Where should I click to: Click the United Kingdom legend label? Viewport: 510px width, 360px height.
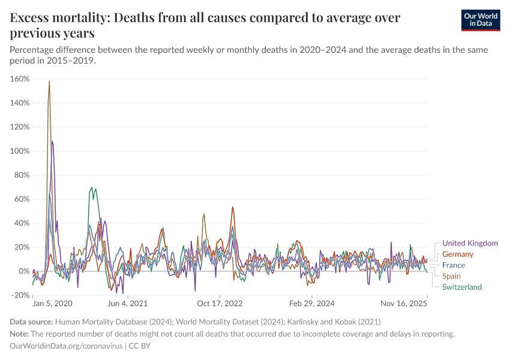tap(470, 243)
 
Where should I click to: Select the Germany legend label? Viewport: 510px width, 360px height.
tap(458, 254)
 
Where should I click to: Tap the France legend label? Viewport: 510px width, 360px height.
tap(454, 265)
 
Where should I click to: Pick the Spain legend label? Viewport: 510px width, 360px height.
tap(452, 276)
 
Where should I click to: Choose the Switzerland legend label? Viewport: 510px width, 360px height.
tap(462, 287)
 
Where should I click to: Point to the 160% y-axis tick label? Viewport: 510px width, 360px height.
tap(20, 79)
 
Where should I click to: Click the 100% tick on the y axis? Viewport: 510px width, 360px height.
tap(20, 151)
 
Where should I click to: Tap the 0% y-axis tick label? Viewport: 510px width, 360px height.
tap(24, 271)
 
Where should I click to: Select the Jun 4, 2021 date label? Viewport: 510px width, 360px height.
tap(127, 304)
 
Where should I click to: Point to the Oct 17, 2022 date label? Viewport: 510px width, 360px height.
tap(221, 304)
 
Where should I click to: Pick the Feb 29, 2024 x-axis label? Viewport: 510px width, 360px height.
tap(314, 304)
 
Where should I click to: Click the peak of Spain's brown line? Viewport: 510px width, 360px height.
tap(49, 81)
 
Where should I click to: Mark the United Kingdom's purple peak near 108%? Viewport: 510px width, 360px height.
tap(52, 141)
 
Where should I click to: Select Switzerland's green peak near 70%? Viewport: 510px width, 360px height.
tap(92, 187)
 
